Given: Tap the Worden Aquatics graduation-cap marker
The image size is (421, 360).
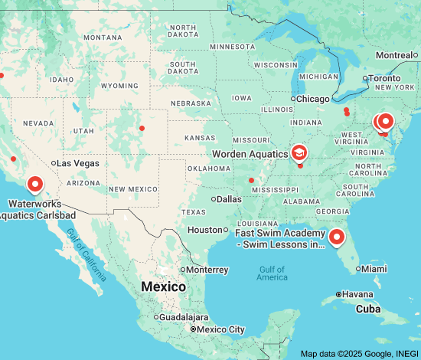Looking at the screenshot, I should (x=299, y=153).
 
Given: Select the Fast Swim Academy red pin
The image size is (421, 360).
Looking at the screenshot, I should (x=337, y=238).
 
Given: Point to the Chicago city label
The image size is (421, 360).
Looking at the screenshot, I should (x=313, y=99).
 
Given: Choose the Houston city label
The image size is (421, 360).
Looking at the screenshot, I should (x=204, y=230).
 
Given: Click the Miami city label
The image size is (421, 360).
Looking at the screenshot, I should (x=374, y=269).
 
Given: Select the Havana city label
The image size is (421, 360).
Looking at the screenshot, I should (x=358, y=294).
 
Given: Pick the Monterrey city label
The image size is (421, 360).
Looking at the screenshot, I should (x=207, y=270).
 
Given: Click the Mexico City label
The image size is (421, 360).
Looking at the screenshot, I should (x=222, y=329).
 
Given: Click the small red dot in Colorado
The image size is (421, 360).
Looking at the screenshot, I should (x=142, y=128).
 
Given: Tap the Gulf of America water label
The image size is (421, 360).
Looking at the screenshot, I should (x=272, y=273).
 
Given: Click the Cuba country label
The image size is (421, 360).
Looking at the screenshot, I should (x=370, y=309).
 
